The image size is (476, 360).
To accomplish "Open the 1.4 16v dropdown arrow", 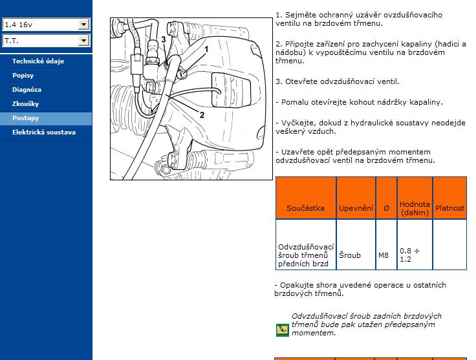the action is point(83,25).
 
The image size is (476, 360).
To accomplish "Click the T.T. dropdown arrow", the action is point(83,40).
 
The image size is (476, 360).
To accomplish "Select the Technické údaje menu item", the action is point(38,61).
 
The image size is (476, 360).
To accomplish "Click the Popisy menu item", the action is point(23,76).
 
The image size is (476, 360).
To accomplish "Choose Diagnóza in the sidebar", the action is point(27,90).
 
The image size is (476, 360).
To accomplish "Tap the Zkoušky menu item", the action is point(25,104).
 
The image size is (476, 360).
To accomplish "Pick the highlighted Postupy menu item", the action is point(25,118).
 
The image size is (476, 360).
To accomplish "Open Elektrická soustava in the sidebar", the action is point(44,132).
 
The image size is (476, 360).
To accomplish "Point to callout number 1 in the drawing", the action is point(206,49).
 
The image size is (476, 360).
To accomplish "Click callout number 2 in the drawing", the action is point(202,115).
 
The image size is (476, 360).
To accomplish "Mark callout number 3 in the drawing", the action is point(164,39).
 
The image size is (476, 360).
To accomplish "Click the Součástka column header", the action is point(305,208).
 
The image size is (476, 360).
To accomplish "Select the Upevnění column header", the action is point(356,208).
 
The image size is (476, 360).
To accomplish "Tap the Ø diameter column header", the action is point(386,208).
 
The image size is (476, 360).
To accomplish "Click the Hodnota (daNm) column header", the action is point(415,208).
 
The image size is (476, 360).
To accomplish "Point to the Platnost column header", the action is point(449,208).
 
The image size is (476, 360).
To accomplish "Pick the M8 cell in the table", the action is point(384,255).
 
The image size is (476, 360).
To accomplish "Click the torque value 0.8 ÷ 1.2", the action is point(409,255).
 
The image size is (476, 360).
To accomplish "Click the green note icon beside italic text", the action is point(283,330).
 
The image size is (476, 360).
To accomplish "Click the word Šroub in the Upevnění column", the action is point(350,255).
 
